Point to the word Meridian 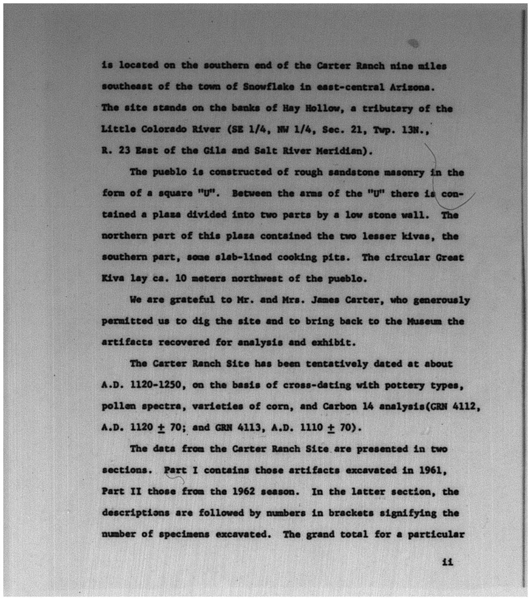pos(343,151)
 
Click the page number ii pos(448,562)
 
